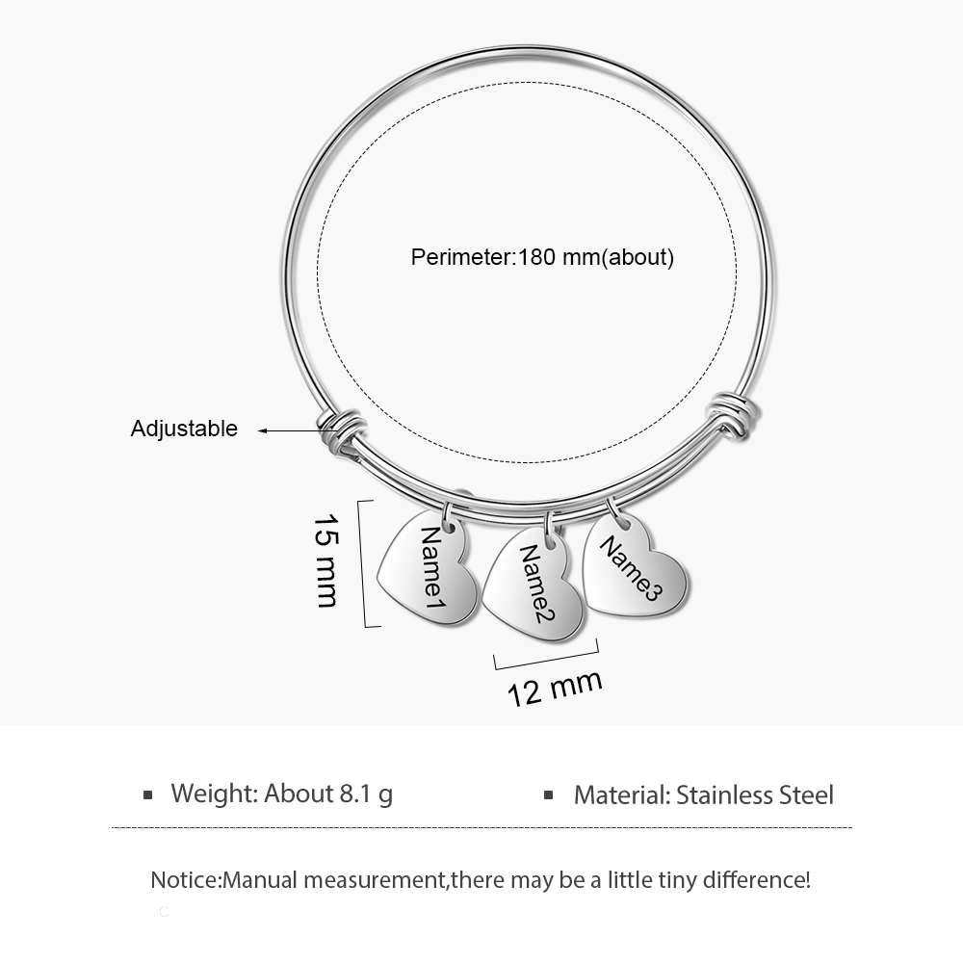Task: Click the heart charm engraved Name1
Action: [x=429, y=569]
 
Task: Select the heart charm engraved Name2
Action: [x=534, y=586]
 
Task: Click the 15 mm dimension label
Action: [x=326, y=560]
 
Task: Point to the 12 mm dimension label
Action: [x=555, y=688]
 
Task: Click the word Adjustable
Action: [x=184, y=429]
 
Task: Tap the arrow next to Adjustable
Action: [x=289, y=430]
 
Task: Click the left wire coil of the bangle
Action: [x=342, y=430]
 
